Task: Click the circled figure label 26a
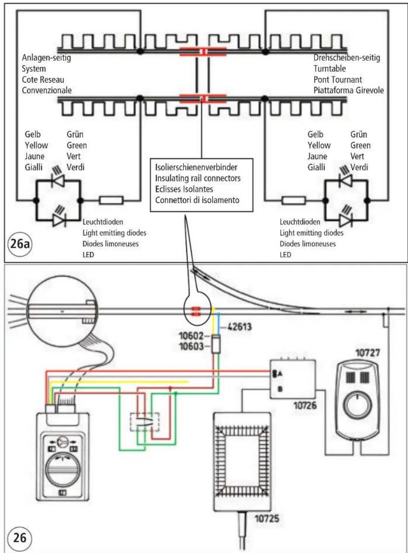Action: (x=20, y=243)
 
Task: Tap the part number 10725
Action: (x=266, y=519)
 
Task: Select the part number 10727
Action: (x=368, y=353)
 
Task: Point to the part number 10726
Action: (x=305, y=406)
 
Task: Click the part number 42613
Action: (x=239, y=327)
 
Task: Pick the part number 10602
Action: (x=191, y=336)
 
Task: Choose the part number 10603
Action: (x=191, y=346)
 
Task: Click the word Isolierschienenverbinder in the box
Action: (x=196, y=167)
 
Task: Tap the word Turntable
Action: (x=329, y=69)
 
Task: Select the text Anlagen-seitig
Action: (x=46, y=58)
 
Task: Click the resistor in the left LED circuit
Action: (x=111, y=200)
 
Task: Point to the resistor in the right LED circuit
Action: (x=294, y=200)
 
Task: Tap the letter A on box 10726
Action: (x=280, y=374)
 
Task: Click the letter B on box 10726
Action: (x=280, y=389)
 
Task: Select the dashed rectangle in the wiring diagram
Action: (x=145, y=422)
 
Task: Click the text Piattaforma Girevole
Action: (x=349, y=90)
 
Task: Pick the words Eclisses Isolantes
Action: (x=184, y=189)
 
